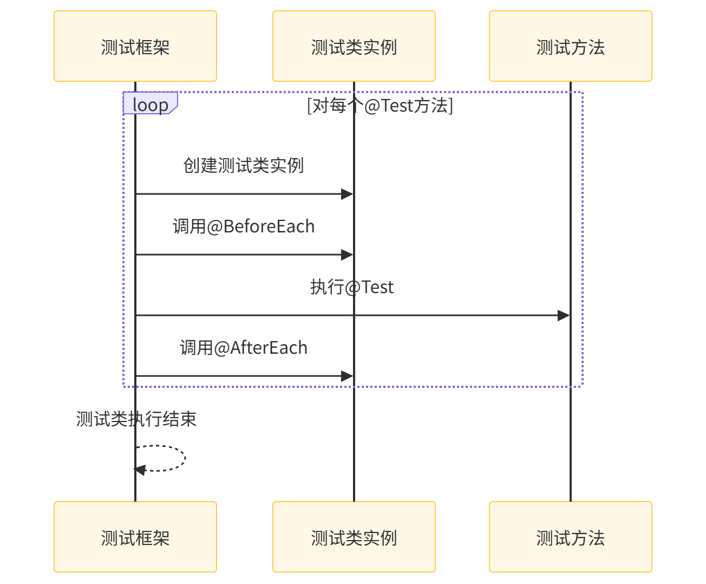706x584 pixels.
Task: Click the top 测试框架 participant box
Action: tap(135, 47)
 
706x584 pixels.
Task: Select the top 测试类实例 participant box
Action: tap(354, 47)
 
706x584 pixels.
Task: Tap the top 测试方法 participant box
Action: tap(571, 47)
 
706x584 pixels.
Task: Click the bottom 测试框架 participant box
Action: tap(135, 537)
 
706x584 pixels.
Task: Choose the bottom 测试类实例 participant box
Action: tap(354, 537)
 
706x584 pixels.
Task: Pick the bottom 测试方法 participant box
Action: tap(571, 537)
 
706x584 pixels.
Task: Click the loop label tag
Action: tap(150, 103)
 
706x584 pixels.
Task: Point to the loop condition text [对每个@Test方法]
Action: tap(380, 105)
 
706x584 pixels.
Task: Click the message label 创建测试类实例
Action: tap(244, 165)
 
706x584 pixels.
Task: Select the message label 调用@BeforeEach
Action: tap(244, 226)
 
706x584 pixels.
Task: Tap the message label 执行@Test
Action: tap(352, 287)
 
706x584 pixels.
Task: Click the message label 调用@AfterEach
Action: tap(244, 347)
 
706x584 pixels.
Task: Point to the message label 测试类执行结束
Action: tap(136, 419)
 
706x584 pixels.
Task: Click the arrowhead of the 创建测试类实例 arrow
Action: tap(348, 194)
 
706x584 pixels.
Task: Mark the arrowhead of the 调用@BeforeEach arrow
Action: tap(348, 255)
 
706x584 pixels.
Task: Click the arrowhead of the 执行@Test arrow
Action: tap(564, 315)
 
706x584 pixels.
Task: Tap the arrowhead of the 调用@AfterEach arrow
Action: tap(348, 376)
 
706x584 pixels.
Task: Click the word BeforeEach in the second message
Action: tap(269, 226)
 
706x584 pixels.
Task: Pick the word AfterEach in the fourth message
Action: tap(269, 347)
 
